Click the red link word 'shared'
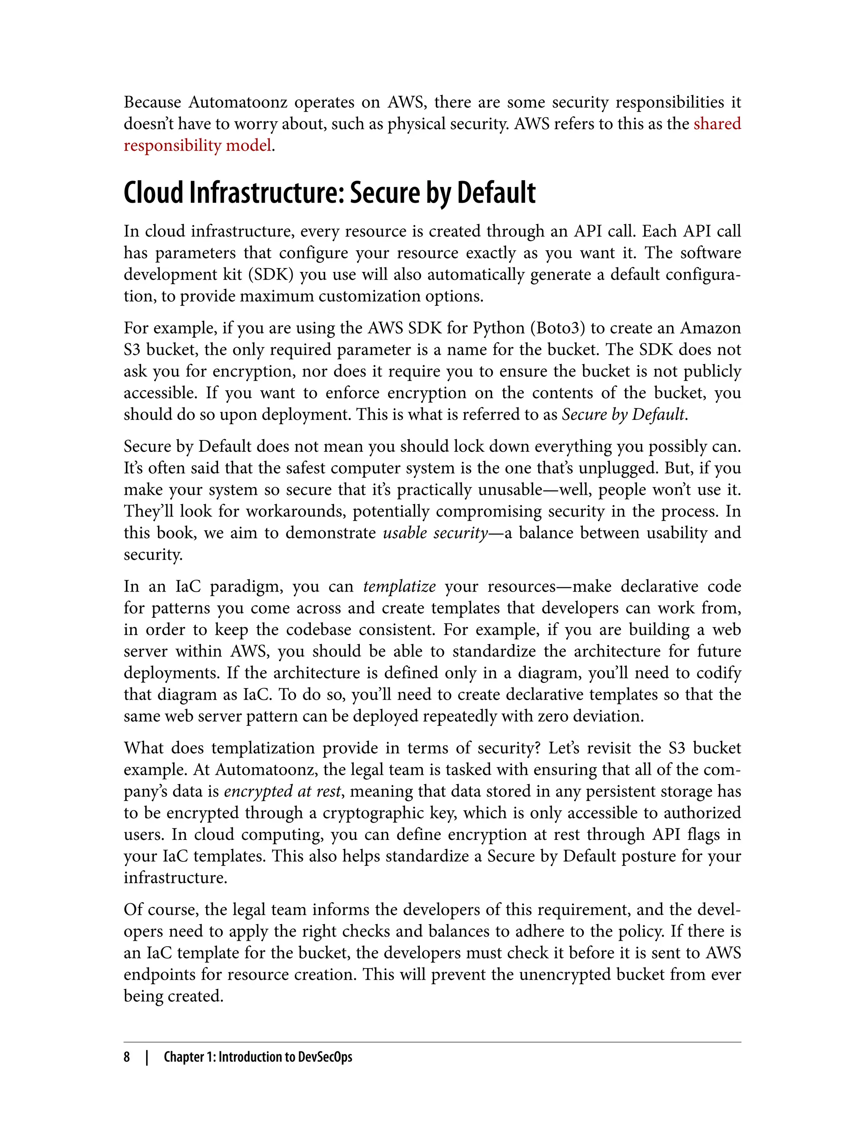click(717, 124)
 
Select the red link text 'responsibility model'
click(198, 146)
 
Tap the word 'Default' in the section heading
click(496, 193)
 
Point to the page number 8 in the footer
click(127, 1057)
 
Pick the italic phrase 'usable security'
click(435, 533)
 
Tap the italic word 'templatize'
click(400, 586)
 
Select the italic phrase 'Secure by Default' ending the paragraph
click(623, 414)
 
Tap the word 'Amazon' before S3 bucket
click(710, 328)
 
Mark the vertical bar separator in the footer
click(147, 1057)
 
